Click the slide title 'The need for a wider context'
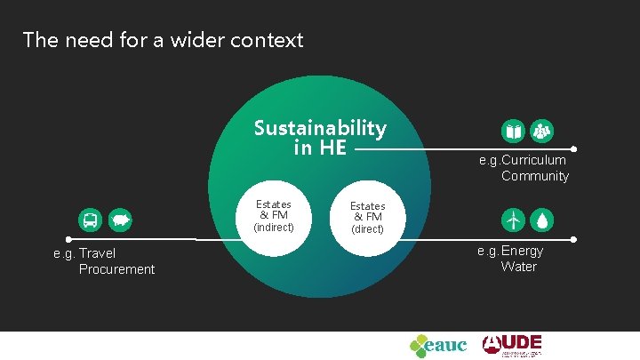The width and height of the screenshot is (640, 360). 163,40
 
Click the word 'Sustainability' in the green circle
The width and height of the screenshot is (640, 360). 320,128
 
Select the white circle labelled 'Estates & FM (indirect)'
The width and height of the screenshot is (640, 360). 273,215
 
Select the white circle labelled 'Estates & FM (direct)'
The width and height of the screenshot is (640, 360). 367,216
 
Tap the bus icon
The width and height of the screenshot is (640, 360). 91,219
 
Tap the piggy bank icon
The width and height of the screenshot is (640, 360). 119,219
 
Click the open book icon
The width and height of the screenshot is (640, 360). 514,132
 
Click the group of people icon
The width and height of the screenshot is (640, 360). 542,132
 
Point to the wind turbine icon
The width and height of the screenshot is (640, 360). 513,219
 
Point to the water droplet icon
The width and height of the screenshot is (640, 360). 542,219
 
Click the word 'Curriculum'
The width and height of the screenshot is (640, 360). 533,160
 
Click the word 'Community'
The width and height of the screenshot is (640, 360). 534,176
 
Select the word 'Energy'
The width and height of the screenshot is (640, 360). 522,251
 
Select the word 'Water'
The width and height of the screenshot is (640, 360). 518,267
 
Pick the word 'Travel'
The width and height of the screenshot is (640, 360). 98,253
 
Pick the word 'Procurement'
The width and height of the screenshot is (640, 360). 116,269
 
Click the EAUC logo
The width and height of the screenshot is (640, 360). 437,344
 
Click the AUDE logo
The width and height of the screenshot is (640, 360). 512,344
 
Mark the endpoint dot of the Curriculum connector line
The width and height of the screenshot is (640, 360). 574,149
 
